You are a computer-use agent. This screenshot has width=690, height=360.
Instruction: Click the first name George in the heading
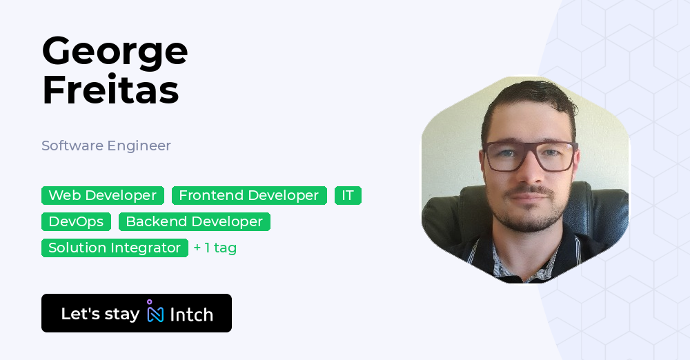tap(115, 52)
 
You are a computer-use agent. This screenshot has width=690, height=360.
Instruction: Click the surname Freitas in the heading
tap(110, 90)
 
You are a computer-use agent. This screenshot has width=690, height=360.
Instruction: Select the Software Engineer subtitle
tap(106, 146)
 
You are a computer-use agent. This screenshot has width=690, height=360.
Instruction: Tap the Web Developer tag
tap(103, 195)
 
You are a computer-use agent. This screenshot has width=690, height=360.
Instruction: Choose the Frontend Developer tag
tap(249, 195)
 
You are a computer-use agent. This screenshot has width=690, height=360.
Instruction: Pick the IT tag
tap(348, 195)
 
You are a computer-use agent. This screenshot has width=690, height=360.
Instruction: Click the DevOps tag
tap(76, 221)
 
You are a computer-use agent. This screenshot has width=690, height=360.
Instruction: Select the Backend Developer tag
tap(194, 221)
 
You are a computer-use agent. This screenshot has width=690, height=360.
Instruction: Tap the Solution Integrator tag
tap(115, 248)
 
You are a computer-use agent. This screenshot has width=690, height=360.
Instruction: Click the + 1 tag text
tap(215, 248)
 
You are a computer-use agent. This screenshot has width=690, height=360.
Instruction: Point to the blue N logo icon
tap(155, 314)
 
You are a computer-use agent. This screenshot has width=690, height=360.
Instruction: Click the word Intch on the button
tap(191, 314)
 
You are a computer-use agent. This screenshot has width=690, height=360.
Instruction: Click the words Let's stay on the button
tap(100, 314)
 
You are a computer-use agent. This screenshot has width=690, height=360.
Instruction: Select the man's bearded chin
tap(530, 222)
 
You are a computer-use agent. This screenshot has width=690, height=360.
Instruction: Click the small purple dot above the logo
tap(149, 301)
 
